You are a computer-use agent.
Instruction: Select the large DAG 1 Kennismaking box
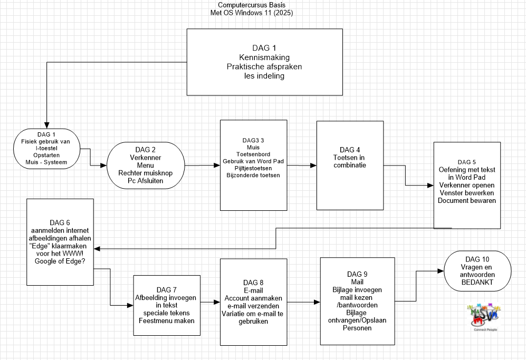pyautogui.click(x=264, y=62)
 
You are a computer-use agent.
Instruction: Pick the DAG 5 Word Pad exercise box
pyautogui.click(x=467, y=184)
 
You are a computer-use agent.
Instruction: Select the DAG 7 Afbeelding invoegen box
pyautogui.click(x=167, y=305)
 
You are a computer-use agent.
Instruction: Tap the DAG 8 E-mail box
pyautogui.click(x=254, y=301)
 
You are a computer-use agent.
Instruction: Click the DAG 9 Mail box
pyautogui.click(x=357, y=300)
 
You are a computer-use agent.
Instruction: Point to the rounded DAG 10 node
pyautogui.click(x=477, y=271)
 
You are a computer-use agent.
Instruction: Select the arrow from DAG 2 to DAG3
pyautogui.click(x=202, y=166)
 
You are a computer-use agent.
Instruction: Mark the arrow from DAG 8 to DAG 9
pyautogui.click(x=303, y=303)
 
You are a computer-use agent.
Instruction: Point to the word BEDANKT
pyautogui.click(x=477, y=283)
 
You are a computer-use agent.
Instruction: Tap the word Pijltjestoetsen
pyautogui.click(x=251, y=168)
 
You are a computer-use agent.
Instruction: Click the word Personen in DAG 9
pyautogui.click(x=357, y=327)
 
